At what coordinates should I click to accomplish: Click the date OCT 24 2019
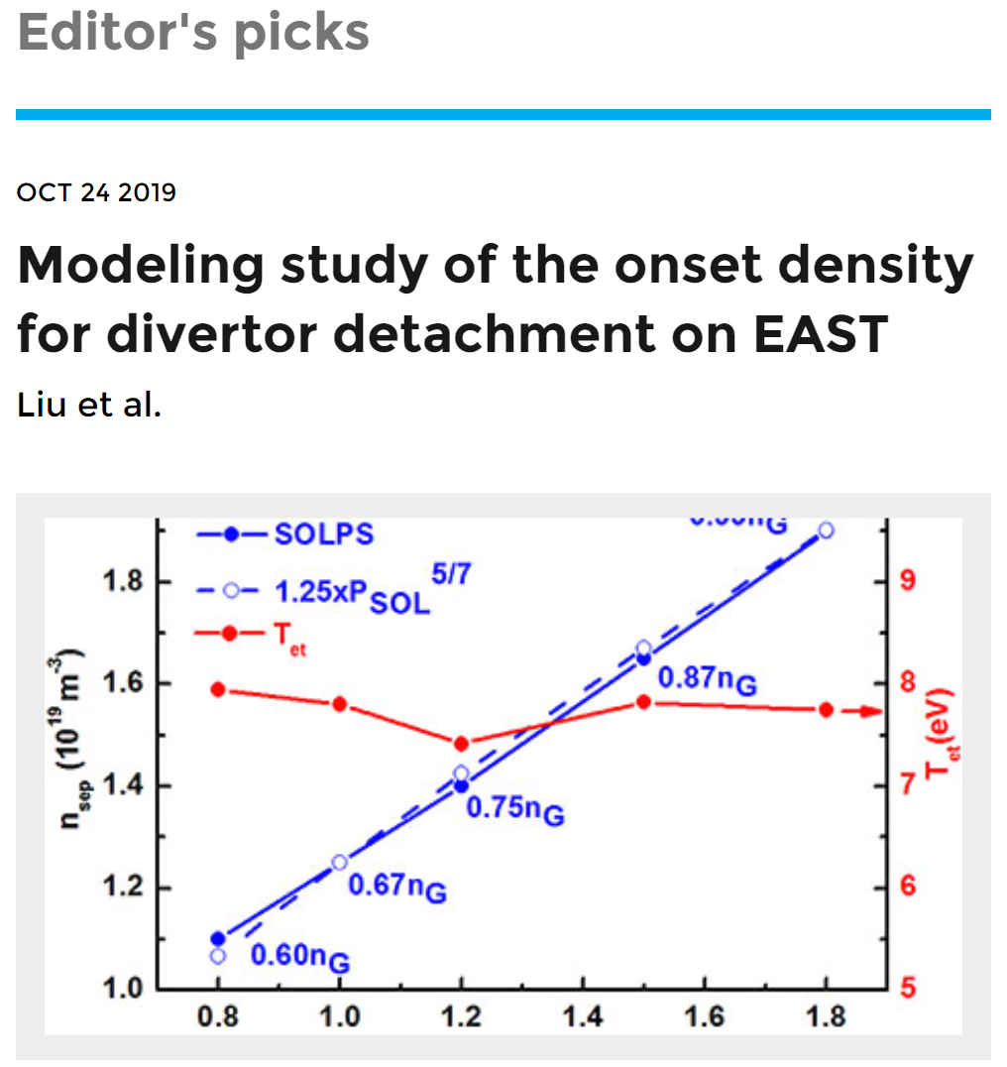pos(96,192)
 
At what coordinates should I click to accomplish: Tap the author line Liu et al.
pos(88,405)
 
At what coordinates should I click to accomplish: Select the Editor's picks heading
pos(193,33)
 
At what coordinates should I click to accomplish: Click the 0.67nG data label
pos(396,886)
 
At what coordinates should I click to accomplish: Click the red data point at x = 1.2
pos(461,744)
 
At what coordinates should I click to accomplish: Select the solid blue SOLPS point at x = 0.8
pos(218,938)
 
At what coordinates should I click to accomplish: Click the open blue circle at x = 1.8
pos(826,531)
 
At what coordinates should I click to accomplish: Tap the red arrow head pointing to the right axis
pos(872,711)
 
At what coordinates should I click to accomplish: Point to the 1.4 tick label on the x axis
pos(582,1019)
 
